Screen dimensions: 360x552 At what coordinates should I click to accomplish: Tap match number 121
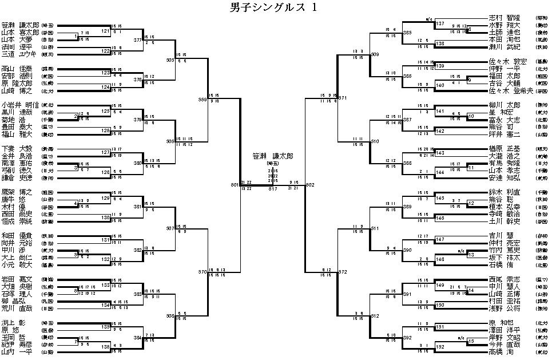point(105,30)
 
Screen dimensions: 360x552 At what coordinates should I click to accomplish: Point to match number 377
point(138,41)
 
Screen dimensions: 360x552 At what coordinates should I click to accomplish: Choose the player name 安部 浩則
point(16,75)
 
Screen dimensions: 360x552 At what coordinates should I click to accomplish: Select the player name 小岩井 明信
point(19,105)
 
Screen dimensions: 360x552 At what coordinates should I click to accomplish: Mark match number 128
point(105,172)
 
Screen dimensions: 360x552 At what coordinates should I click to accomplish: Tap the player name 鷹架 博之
point(16,192)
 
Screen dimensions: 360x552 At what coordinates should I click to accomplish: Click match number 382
point(138,250)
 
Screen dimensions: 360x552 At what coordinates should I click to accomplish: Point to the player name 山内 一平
point(16,352)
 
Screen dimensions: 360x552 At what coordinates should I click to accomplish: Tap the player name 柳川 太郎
point(505,105)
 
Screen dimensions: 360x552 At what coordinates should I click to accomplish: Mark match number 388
point(407,163)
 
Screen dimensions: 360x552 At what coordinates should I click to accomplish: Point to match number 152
point(440,347)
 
